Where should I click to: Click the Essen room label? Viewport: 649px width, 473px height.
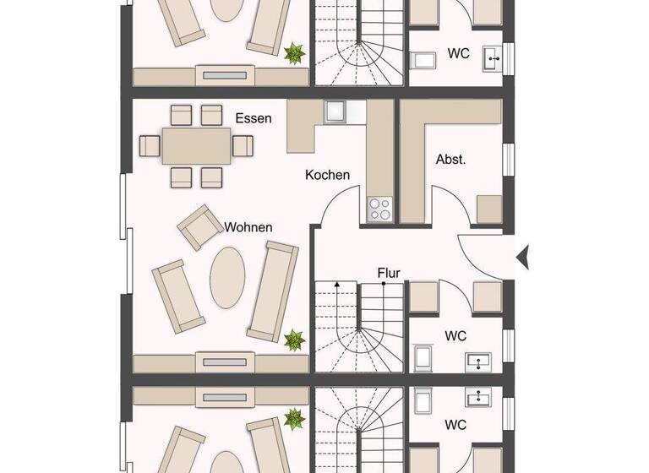(x=254, y=118)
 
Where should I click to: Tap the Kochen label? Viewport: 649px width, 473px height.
(x=327, y=175)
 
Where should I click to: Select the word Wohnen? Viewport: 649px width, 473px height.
(x=248, y=227)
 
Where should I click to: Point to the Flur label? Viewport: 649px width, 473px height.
(x=389, y=273)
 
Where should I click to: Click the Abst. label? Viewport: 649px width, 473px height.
(x=450, y=159)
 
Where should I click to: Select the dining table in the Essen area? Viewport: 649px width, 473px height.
(x=197, y=145)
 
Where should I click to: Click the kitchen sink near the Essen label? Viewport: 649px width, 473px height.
(x=335, y=111)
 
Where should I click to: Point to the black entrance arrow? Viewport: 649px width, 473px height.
(x=522, y=256)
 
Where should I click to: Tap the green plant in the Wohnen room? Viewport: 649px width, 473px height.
(x=294, y=340)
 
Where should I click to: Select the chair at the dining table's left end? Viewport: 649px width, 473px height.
(x=150, y=146)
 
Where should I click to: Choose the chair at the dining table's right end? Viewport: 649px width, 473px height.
(x=243, y=146)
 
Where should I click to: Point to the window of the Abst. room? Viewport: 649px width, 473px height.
(x=509, y=160)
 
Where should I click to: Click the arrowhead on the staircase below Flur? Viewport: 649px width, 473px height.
(x=337, y=285)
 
